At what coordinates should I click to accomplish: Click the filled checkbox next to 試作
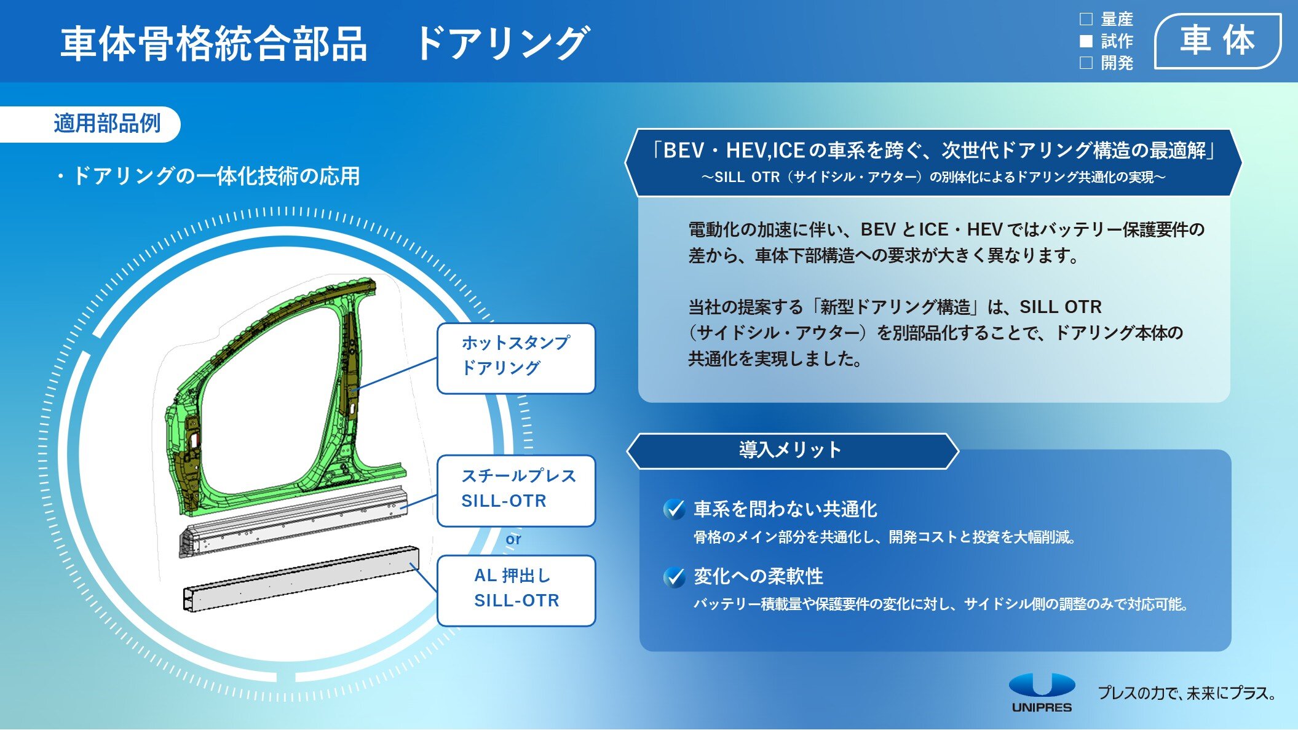pyautogui.click(x=1086, y=41)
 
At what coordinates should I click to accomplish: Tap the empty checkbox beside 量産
pyautogui.click(x=1086, y=19)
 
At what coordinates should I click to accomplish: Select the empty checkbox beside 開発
pyautogui.click(x=1086, y=63)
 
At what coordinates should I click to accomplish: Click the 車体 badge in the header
pyautogui.click(x=1217, y=41)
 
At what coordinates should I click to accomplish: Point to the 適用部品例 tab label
pyautogui.click(x=107, y=124)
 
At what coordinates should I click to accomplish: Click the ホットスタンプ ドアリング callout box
pyautogui.click(x=516, y=358)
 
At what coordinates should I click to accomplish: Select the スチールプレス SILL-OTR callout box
pyautogui.click(x=516, y=491)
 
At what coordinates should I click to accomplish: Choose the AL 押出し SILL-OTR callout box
pyautogui.click(x=516, y=590)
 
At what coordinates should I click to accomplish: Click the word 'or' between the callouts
pyautogui.click(x=513, y=539)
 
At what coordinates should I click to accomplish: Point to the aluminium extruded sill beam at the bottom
pyautogui.click(x=301, y=578)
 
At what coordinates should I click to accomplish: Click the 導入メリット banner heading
pyautogui.click(x=790, y=450)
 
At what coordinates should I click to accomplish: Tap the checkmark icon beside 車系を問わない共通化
pyautogui.click(x=675, y=509)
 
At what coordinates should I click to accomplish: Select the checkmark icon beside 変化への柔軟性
pyautogui.click(x=675, y=577)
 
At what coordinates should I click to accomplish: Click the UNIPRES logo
pyautogui.click(x=1042, y=692)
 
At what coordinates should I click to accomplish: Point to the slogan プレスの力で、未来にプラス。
pyautogui.click(x=1187, y=693)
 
